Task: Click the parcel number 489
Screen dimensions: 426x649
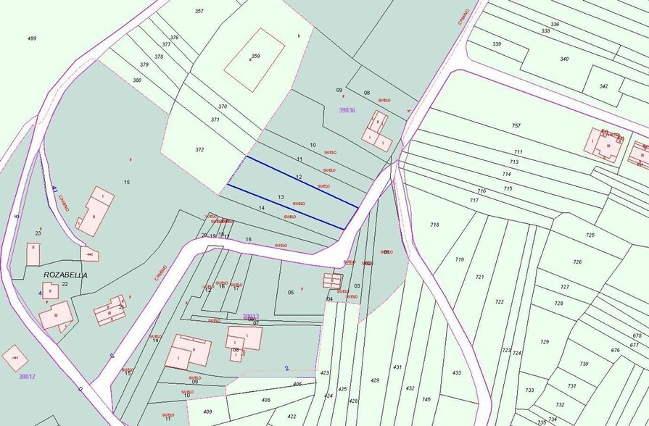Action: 31,38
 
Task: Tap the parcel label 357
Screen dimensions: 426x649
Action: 199,11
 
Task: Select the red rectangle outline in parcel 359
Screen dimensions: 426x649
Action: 254,60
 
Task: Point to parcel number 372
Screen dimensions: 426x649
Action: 199,150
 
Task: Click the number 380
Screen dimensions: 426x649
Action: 137,80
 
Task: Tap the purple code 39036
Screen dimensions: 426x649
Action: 347,110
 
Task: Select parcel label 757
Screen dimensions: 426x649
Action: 516,125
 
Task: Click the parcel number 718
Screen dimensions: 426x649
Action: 434,225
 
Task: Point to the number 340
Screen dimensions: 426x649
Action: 564,59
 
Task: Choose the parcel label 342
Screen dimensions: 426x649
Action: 603,86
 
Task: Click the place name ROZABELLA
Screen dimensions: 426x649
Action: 65,275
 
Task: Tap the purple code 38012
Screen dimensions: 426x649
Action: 27,377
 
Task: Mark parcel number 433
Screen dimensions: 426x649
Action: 456,373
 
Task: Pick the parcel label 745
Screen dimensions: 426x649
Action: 426,399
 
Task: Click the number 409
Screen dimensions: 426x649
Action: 207,412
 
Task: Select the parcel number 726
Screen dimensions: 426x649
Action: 577,262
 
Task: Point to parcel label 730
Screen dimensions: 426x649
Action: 584,364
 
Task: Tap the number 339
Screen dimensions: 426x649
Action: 497,44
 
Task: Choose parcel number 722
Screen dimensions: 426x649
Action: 499,302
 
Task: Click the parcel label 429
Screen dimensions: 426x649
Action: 375,380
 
